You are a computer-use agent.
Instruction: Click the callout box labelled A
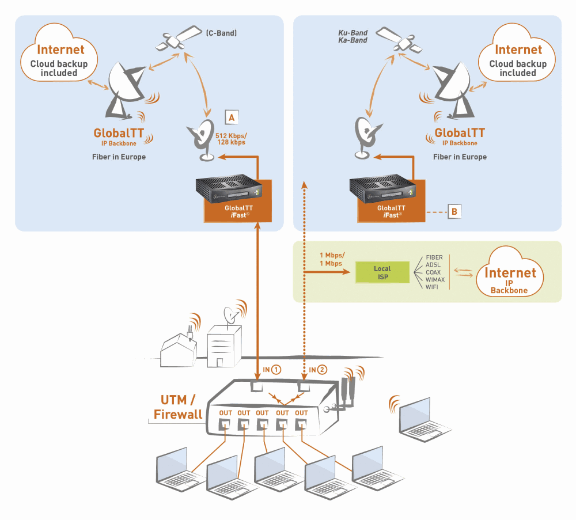point(231,116)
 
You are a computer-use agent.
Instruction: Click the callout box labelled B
point(454,211)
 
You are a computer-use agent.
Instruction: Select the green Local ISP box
point(382,272)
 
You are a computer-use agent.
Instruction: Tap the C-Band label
point(221,33)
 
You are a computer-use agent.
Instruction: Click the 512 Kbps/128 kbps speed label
point(230,138)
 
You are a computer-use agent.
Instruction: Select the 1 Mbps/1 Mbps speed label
point(332,259)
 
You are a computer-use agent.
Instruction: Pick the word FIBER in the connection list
point(434,257)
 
